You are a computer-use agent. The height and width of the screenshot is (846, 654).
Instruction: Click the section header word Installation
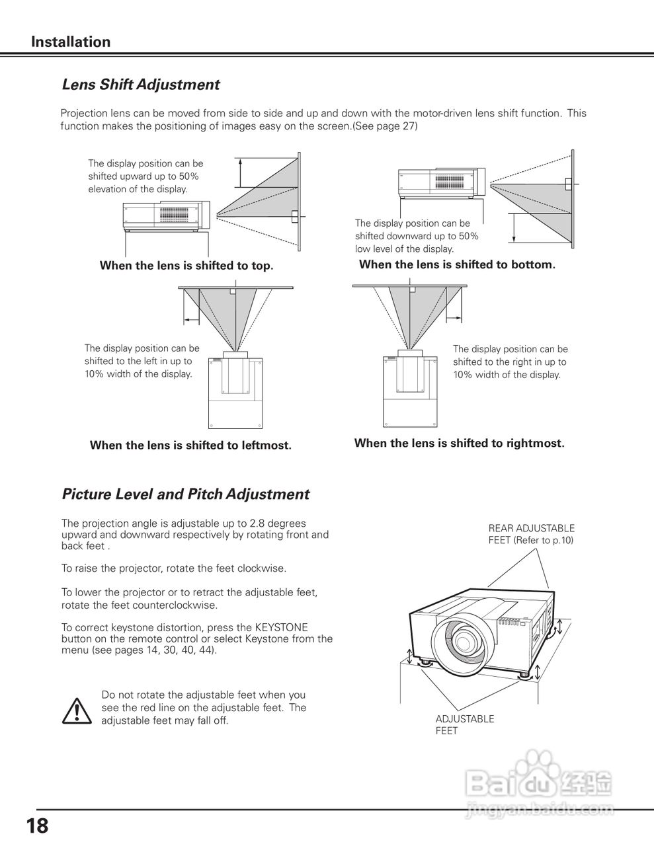point(71,42)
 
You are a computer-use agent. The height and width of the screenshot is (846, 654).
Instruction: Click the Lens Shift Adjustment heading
point(140,85)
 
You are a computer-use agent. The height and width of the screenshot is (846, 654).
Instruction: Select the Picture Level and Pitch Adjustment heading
point(185,494)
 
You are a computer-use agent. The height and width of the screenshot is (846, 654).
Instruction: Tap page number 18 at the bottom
point(37,826)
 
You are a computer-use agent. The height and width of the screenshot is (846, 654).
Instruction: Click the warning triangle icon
point(77,710)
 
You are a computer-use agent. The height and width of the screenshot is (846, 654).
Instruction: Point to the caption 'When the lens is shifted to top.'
point(186,266)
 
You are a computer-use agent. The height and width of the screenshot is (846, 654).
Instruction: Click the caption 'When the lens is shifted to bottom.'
point(457,264)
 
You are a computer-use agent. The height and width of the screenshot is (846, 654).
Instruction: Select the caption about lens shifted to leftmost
point(190,445)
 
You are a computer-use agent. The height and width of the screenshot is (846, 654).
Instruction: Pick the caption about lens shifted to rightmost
point(459,443)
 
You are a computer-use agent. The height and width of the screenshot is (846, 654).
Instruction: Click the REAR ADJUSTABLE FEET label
point(531,534)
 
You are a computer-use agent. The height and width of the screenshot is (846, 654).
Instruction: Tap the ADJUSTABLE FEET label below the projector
point(464,724)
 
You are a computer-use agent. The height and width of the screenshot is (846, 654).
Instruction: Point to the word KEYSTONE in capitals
point(281,627)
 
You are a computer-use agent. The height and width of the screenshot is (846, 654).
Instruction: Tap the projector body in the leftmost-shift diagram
point(236,393)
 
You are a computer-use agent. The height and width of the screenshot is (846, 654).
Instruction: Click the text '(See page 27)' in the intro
point(385,126)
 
